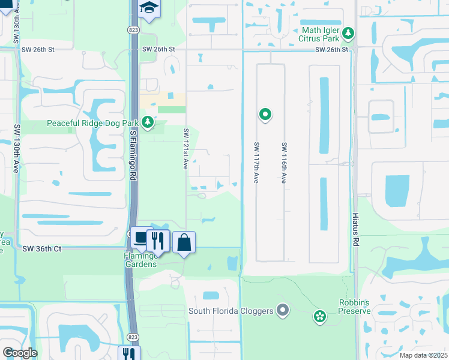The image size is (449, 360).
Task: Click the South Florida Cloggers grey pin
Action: [x=283, y=310]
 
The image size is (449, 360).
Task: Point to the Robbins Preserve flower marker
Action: [x=319, y=315]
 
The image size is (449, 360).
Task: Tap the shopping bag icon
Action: [x=184, y=242]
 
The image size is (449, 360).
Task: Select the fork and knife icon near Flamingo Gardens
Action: [x=158, y=241]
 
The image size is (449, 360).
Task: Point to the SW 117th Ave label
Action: [x=256, y=163]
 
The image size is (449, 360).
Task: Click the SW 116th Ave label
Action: [x=283, y=163]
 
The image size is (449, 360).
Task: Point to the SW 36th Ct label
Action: [x=42, y=248]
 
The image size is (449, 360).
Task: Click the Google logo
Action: [x=19, y=353]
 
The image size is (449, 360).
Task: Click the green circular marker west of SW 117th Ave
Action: [x=265, y=113]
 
